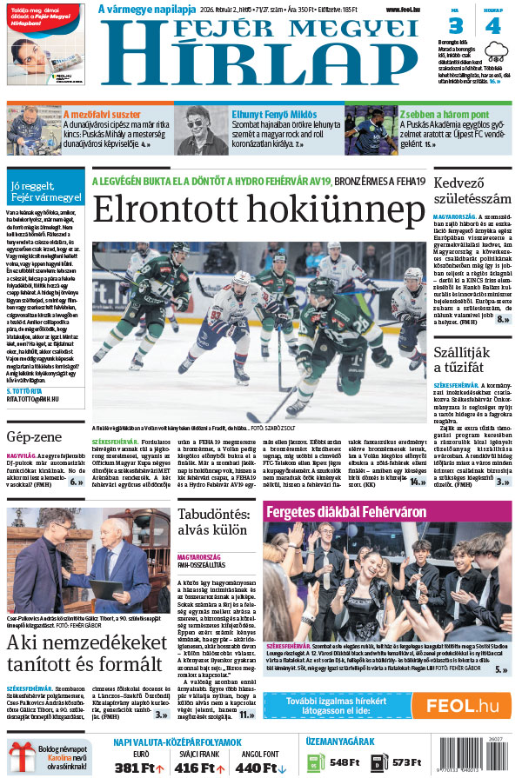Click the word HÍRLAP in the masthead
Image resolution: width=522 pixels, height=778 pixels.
point(271,70)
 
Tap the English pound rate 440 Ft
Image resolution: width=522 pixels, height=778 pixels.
point(258,768)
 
